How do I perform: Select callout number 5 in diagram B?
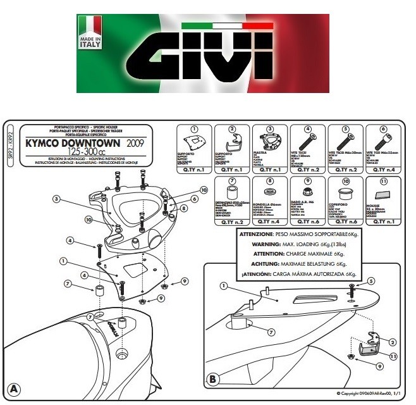(371, 280)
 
